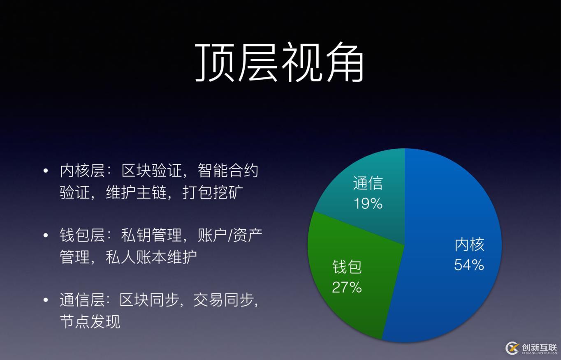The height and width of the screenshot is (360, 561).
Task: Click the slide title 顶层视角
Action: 279,62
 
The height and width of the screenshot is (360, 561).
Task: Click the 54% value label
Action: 469,265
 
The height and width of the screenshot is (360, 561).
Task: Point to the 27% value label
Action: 347,287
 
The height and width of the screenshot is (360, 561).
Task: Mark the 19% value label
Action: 368,203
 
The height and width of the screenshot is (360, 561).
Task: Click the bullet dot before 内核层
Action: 46,171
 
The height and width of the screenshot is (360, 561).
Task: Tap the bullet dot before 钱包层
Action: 46,235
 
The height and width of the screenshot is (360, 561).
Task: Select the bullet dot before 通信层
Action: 46,300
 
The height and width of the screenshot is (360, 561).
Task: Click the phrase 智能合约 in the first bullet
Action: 228,171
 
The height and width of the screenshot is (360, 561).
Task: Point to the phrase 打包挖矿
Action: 213,192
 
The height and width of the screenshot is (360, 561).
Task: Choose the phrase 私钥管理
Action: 151,235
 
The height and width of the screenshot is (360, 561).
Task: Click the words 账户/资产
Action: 230,235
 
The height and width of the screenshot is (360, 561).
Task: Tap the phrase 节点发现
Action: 90,321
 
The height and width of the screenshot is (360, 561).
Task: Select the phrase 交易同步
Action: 223,300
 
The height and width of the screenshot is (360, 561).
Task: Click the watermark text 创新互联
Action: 539,347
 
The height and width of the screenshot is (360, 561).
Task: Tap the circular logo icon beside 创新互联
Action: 512,348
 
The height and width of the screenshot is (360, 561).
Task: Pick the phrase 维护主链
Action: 136,192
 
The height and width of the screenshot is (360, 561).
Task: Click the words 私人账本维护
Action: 151,257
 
